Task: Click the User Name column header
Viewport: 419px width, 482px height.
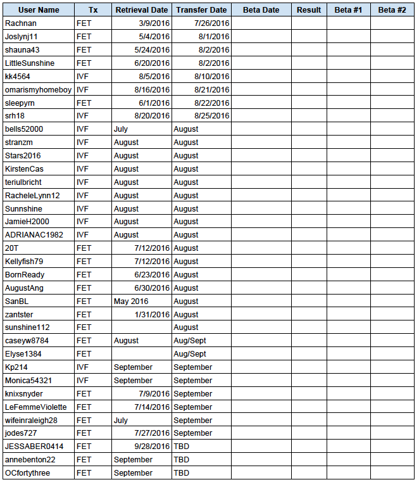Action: (39, 10)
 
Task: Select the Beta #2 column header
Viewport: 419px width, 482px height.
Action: (392, 10)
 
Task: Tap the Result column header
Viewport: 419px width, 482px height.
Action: (309, 10)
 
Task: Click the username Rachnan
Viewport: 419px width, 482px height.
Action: (21, 23)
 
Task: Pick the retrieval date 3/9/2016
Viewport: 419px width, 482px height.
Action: (154, 23)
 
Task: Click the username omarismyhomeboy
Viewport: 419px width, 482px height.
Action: (39, 89)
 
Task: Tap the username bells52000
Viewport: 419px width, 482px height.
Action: (24, 129)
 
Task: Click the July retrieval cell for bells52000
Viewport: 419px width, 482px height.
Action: (121, 129)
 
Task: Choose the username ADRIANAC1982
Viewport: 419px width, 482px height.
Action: (34, 235)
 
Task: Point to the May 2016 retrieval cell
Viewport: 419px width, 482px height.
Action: (131, 301)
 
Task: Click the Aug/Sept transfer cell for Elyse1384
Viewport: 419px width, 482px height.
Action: (190, 354)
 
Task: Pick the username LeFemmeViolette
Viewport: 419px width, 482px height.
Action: (35, 407)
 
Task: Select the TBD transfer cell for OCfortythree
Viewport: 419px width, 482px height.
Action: (182, 473)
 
